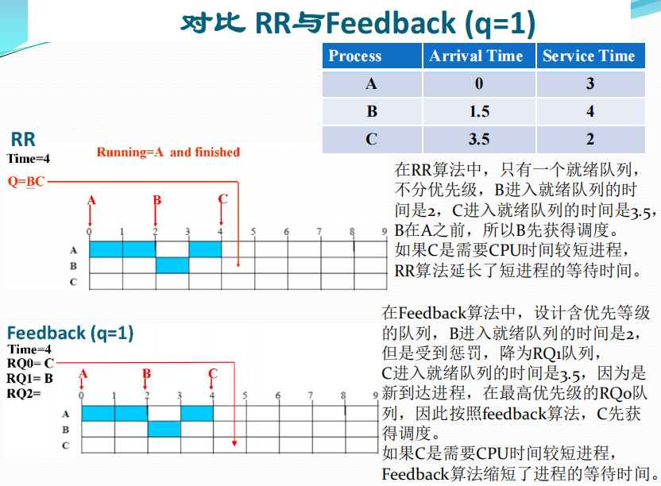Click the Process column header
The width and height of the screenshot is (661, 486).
tap(355, 56)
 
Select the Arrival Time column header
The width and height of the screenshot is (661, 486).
tap(476, 56)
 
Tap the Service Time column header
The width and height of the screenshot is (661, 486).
tap(589, 56)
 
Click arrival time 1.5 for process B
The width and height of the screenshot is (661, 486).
tap(479, 112)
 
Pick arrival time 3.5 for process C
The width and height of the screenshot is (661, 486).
tap(479, 140)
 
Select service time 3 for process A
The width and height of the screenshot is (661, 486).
tap(590, 84)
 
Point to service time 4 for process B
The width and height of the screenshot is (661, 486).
tap(590, 112)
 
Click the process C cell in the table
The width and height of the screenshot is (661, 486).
tap(372, 140)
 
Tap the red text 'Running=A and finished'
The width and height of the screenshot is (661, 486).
tap(168, 152)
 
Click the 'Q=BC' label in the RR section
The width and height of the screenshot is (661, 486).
tap(26, 181)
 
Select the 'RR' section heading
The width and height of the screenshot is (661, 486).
tap(23, 140)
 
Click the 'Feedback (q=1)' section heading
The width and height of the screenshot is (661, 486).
tap(70, 333)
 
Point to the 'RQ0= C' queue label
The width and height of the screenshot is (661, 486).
tap(30, 363)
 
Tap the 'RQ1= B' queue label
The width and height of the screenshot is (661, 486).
tap(30, 377)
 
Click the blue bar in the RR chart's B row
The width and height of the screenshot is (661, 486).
tap(172, 265)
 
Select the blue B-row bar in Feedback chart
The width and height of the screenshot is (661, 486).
tap(164, 429)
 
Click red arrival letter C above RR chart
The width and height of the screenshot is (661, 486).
tap(222, 199)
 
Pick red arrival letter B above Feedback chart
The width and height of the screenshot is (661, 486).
tap(147, 373)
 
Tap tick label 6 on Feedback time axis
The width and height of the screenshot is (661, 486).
tap(278, 395)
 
